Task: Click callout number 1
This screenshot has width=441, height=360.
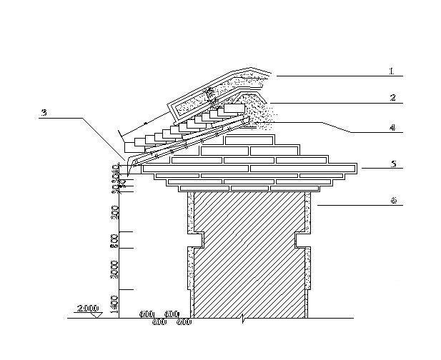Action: tap(392, 71)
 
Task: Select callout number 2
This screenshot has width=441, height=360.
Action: tap(392, 97)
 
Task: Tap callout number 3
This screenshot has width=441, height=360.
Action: tap(44, 113)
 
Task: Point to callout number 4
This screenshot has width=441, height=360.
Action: tap(392, 128)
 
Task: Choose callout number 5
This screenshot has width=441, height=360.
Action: tap(392, 164)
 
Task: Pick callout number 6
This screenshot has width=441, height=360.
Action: tap(392, 201)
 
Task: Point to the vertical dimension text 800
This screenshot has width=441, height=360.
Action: tap(114, 240)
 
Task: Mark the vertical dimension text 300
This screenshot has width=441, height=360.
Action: tap(114, 211)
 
